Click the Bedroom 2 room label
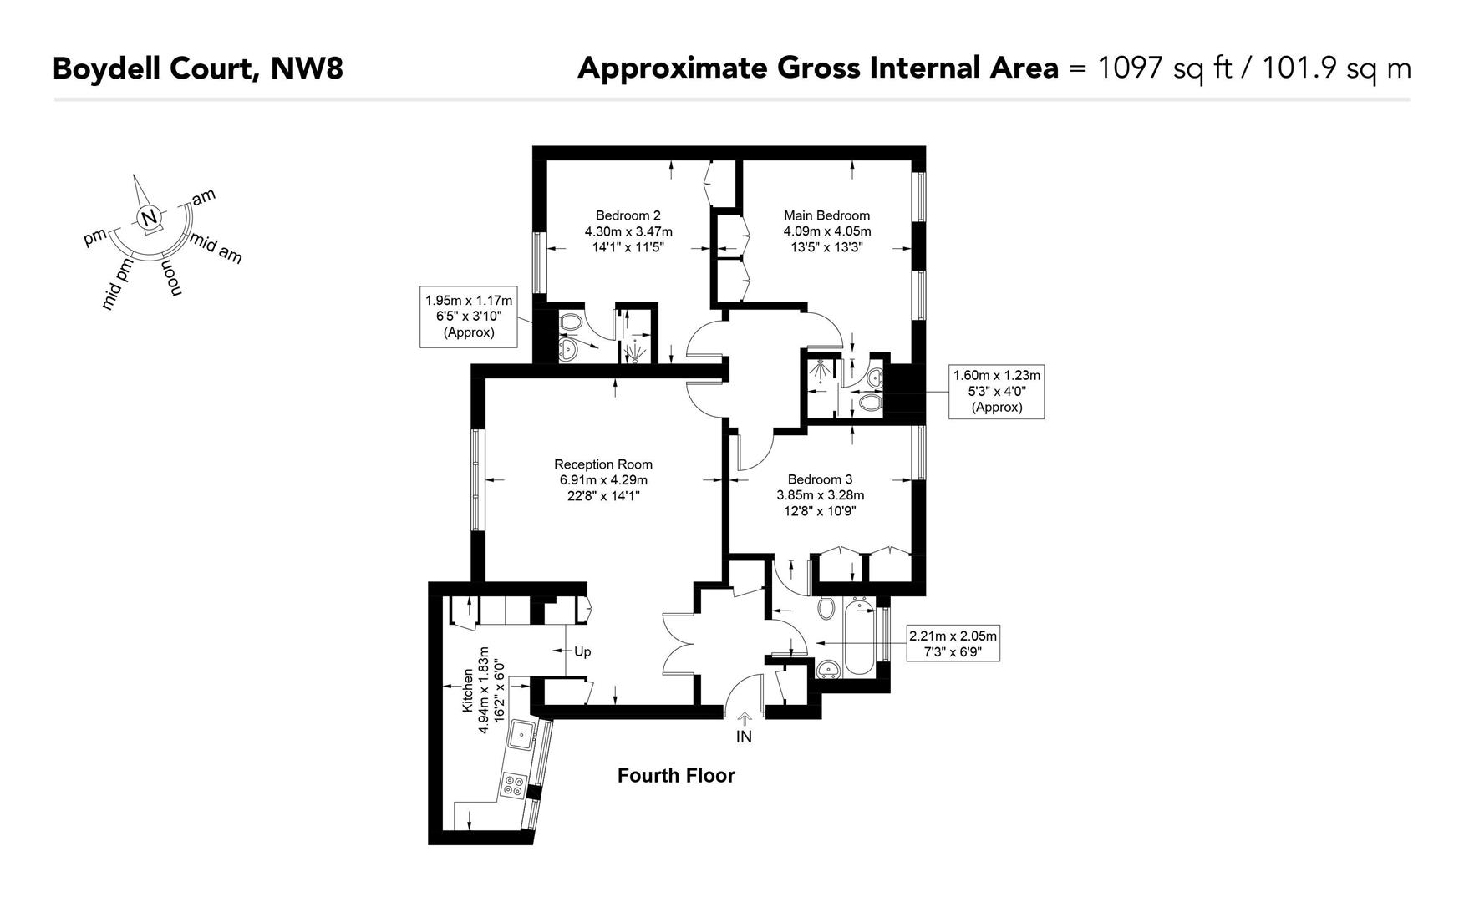click(x=628, y=215)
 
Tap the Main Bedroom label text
click(x=826, y=215)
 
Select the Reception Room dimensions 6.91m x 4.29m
click(x=603, y=480)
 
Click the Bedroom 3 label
click(x=820, y=479)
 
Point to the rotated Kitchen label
click(x=468, y=690)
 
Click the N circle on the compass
click(x=149, y=219)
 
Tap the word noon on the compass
click(x=170, y=277)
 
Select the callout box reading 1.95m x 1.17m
click(x=468, y=317)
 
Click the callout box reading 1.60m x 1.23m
click(x=996, y=392)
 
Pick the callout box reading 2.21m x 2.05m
click(x=953, y=644)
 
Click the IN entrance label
click(x=744, y=737)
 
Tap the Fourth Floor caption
click(x=676, y=776)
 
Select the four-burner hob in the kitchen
click(x=513, y=785)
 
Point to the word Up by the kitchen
click(x=582, y=651)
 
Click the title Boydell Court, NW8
click(x=198, y=68)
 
